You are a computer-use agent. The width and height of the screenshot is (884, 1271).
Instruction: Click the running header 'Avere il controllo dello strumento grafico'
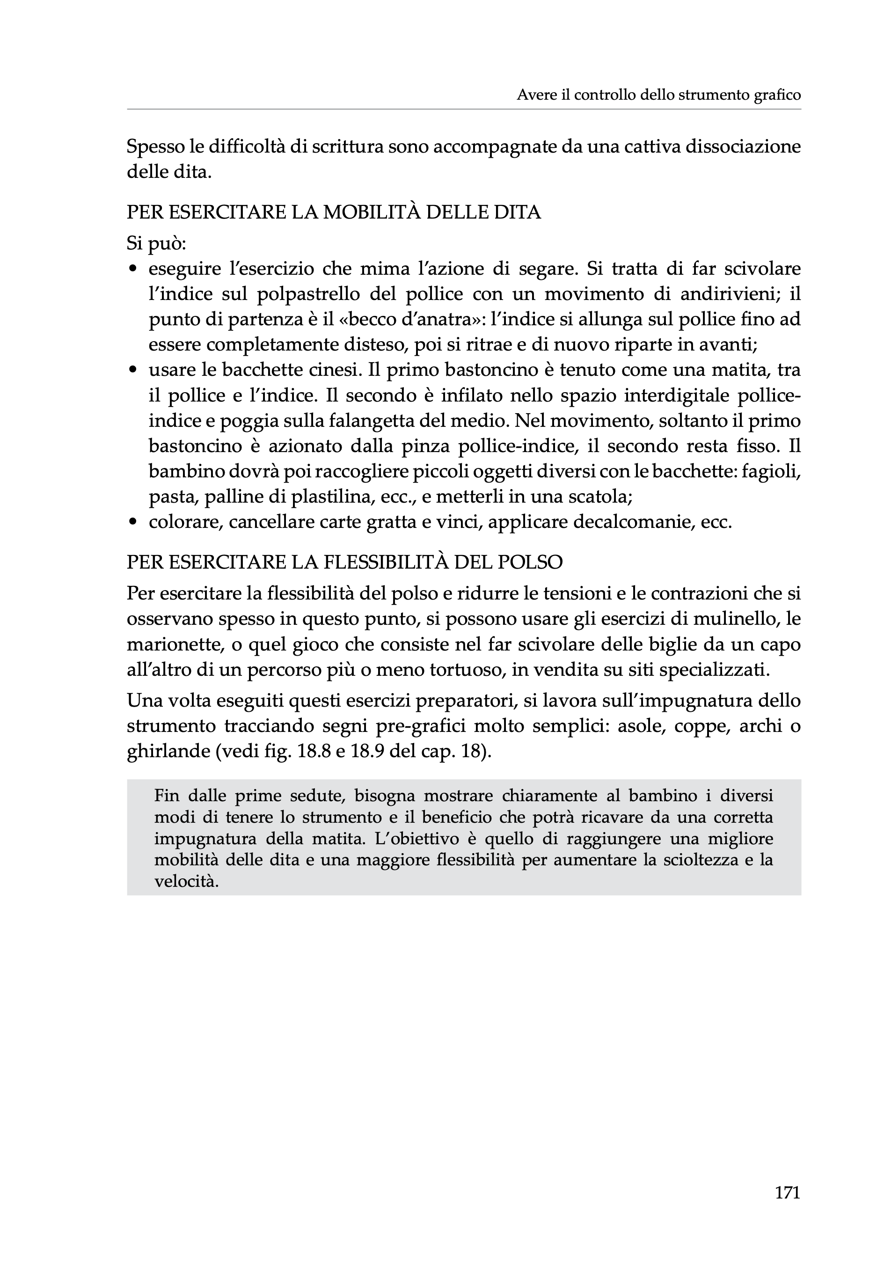(658, 95)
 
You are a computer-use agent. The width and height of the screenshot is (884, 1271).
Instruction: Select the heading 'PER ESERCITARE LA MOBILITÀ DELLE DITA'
(333, 212)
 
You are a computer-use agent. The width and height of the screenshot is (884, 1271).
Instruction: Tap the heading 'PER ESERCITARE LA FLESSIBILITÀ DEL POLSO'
(344, 562)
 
